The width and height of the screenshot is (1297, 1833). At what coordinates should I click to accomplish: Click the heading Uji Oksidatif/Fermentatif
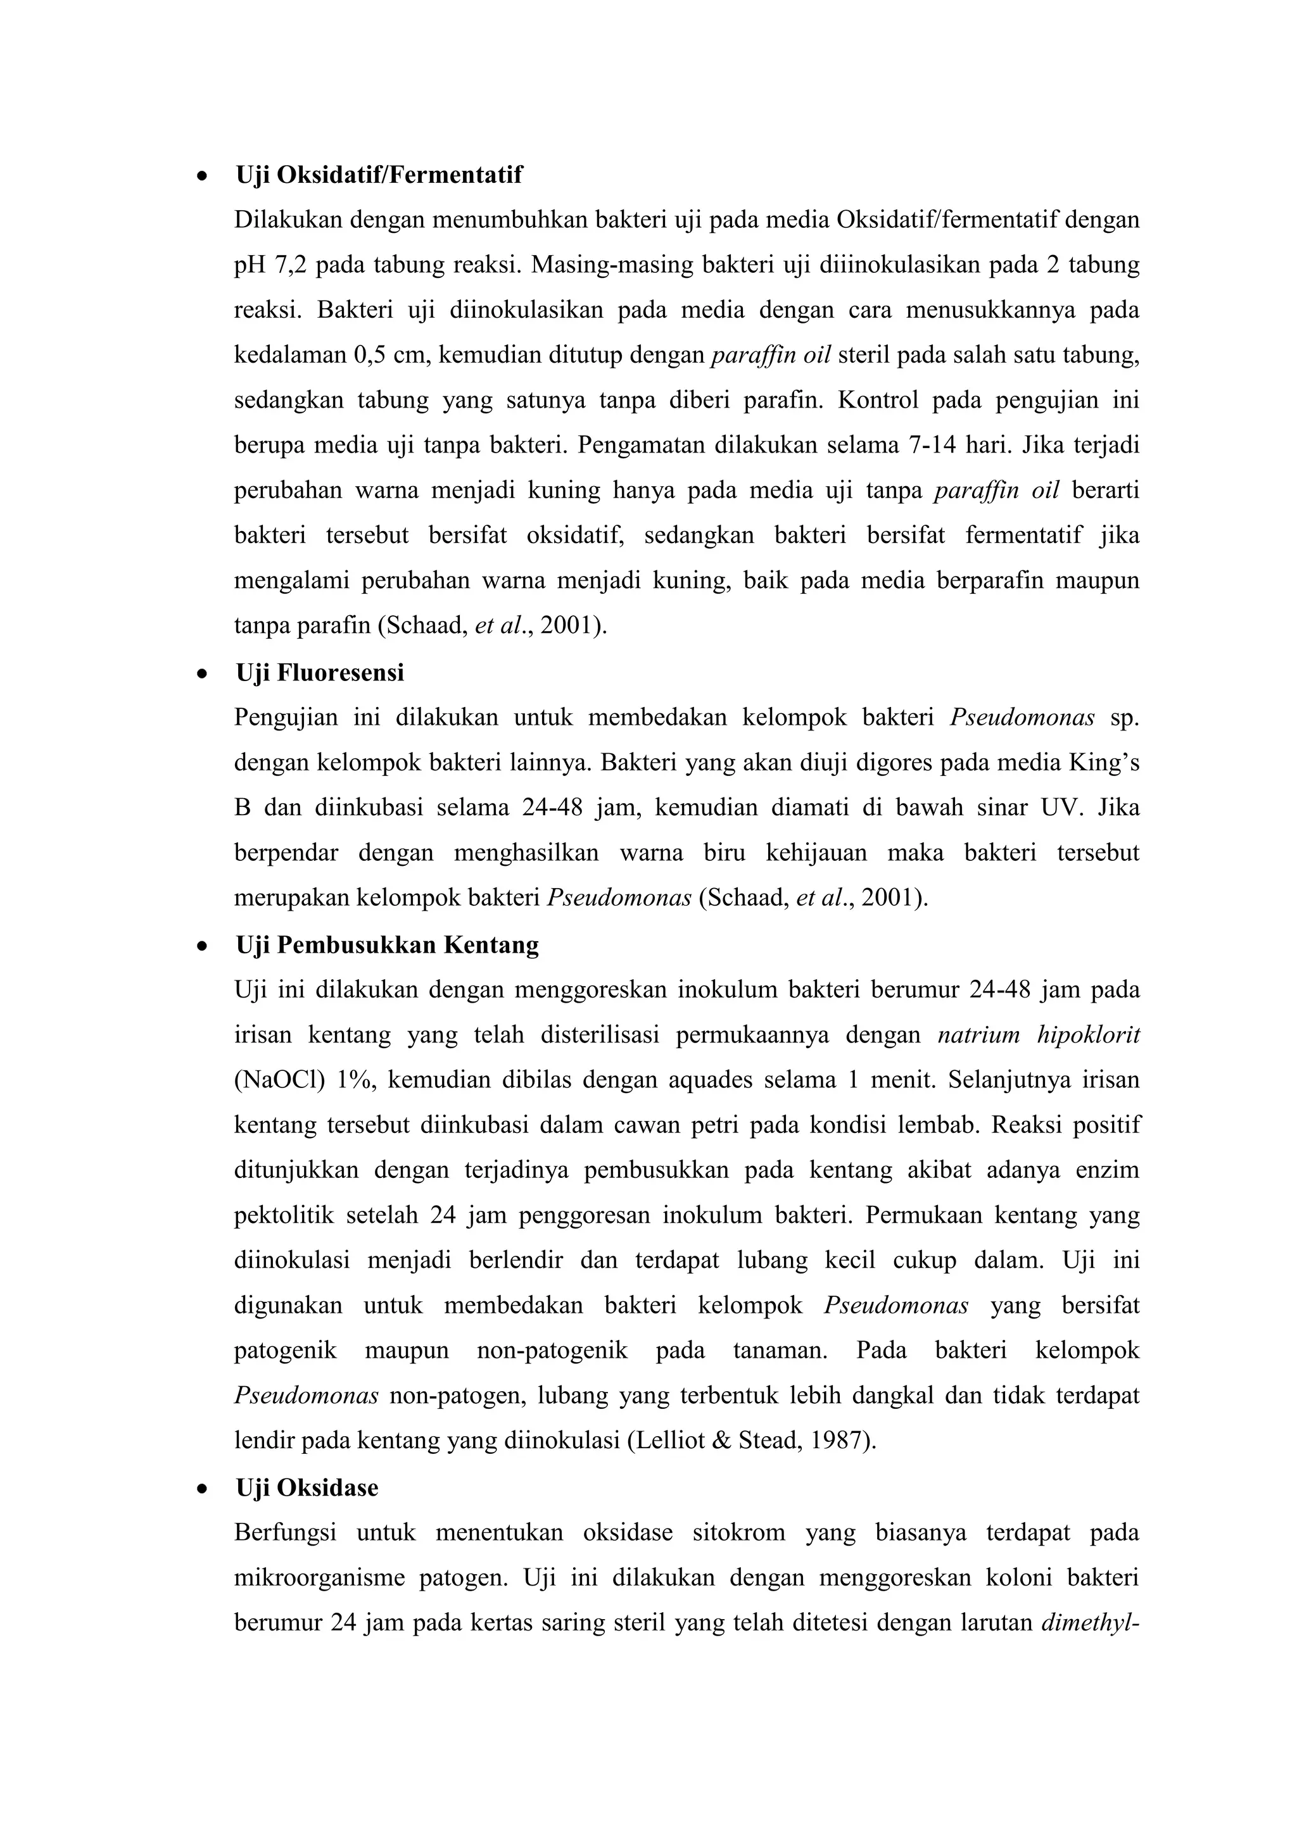click(379, 174)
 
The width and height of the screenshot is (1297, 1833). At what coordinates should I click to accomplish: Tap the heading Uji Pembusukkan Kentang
click(388, 944)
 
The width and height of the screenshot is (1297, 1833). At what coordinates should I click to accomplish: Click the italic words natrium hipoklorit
click(1038, 1035)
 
